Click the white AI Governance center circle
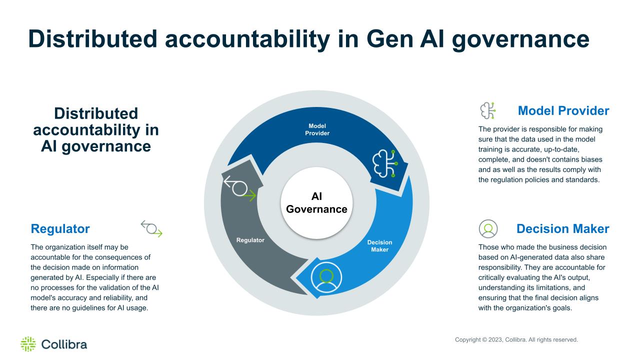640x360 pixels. (x=316, y=203)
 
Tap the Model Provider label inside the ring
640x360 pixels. (x=317, y=129)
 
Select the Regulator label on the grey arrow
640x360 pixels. (x=250, y=240)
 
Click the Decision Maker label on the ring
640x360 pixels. (x=379, y=245)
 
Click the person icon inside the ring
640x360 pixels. (x=326, y=277)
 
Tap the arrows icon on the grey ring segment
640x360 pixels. (x=240, y=188)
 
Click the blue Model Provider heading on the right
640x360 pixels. (x=563, y=111)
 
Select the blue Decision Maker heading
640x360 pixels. (x=563, y=229)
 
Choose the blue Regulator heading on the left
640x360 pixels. (x=60, y=229)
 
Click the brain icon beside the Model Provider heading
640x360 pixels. (x=487, y=110)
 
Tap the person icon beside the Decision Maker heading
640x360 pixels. (x=488, y=228)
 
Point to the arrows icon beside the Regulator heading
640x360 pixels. (x=151, y=228)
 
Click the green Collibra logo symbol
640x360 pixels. (x=28, y=344)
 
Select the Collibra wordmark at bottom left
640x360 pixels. (x=64, y=344)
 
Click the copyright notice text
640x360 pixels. (x=516, y=339)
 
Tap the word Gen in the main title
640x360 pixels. (x=389, y=39)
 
